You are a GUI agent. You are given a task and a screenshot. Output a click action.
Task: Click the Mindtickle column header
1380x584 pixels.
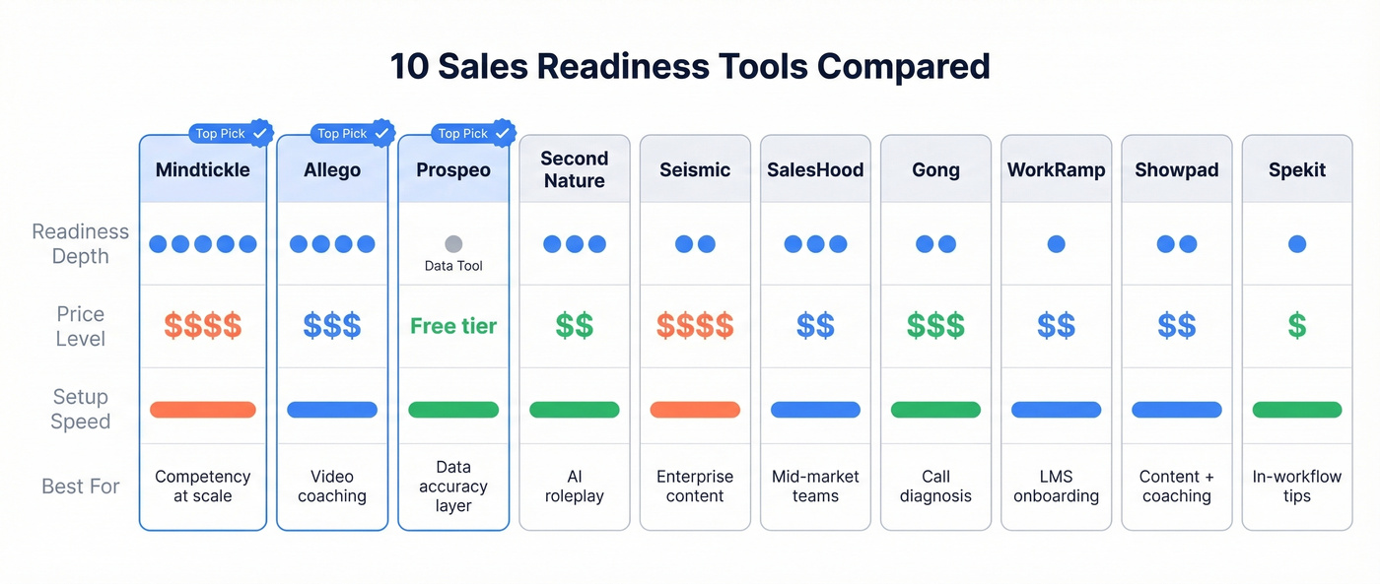click(203, 169)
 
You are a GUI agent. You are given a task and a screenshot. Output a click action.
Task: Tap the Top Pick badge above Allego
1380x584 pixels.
click(340, 133)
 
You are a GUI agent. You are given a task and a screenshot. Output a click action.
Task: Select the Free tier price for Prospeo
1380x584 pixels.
click(453, 326)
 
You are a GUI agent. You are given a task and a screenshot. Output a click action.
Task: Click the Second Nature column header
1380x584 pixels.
click(575, 169)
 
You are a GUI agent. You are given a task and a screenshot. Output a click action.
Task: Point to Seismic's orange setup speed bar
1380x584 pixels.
click(695, 410)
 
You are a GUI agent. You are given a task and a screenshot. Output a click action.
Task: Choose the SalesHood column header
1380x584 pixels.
click(815, 169)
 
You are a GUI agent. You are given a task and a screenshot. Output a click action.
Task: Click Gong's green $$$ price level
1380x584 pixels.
click(935, 326)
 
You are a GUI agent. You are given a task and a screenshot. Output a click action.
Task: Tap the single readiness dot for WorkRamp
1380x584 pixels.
click(1056, 243)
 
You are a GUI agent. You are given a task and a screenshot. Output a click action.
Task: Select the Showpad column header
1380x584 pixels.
click(1177, 169)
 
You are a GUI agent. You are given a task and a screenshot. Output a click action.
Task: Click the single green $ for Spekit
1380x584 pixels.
click(1297, 326)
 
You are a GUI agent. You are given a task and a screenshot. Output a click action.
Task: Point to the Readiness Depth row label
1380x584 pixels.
click(80, 243)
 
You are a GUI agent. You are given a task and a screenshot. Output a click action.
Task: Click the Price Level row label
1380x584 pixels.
click(80, 326)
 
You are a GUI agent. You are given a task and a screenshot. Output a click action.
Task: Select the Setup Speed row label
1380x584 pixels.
click(80, 409)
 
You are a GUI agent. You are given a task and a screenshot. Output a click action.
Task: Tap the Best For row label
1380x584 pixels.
click(80, 486)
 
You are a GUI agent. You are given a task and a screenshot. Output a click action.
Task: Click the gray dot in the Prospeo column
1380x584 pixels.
click(453, 243)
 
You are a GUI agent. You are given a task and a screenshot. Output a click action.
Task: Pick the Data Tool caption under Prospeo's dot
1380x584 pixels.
click(453, 266)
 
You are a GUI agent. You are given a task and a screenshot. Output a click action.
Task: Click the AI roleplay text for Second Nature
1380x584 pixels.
click(575, 486)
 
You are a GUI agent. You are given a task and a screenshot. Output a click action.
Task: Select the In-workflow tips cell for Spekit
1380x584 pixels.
click(1297, 486)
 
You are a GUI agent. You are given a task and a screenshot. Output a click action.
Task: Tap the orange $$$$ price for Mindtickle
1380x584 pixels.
click(203, 326)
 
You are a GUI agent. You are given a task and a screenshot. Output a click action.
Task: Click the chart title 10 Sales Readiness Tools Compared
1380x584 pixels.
click(690, 66)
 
